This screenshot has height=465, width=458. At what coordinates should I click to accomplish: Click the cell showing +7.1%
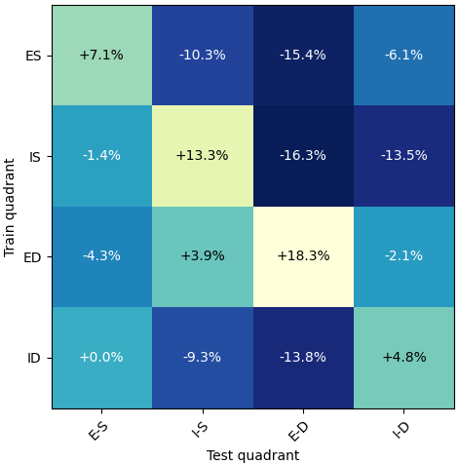coord(101,56)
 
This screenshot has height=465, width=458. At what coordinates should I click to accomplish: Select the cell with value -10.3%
coord(202,56)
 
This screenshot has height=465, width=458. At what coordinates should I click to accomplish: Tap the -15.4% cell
coord(303,56)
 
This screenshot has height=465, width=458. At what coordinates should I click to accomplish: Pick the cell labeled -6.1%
coord(403,56)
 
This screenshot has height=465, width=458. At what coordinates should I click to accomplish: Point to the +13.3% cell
coord(202,156)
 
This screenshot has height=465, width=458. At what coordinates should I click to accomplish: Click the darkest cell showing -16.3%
coord(303,156)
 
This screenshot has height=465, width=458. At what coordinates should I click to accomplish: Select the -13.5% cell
coord(403,156)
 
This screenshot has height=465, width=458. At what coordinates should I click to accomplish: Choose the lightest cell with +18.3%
coord(303,256)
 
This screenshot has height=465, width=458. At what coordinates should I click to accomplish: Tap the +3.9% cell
coord(202,256)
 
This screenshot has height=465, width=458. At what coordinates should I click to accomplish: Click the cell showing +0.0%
coord(101,358)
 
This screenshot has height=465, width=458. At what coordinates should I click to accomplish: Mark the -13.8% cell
coord(303,358)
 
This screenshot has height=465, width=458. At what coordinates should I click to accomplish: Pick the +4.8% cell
coord(403,358)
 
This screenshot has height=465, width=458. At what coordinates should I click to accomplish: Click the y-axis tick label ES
coord(33,56)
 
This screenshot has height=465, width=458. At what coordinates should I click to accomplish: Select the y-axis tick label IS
coord(35,157)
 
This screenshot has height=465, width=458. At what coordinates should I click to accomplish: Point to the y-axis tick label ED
coord(32,257)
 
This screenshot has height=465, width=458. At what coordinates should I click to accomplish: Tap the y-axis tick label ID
coord(34,359)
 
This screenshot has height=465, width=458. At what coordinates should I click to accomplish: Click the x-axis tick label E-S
coord(98,429)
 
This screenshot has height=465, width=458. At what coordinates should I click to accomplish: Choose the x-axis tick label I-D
coord(401,429)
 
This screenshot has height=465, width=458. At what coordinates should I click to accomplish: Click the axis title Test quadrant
coord(252,455)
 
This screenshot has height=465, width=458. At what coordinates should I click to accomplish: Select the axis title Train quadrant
coord(11,207)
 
